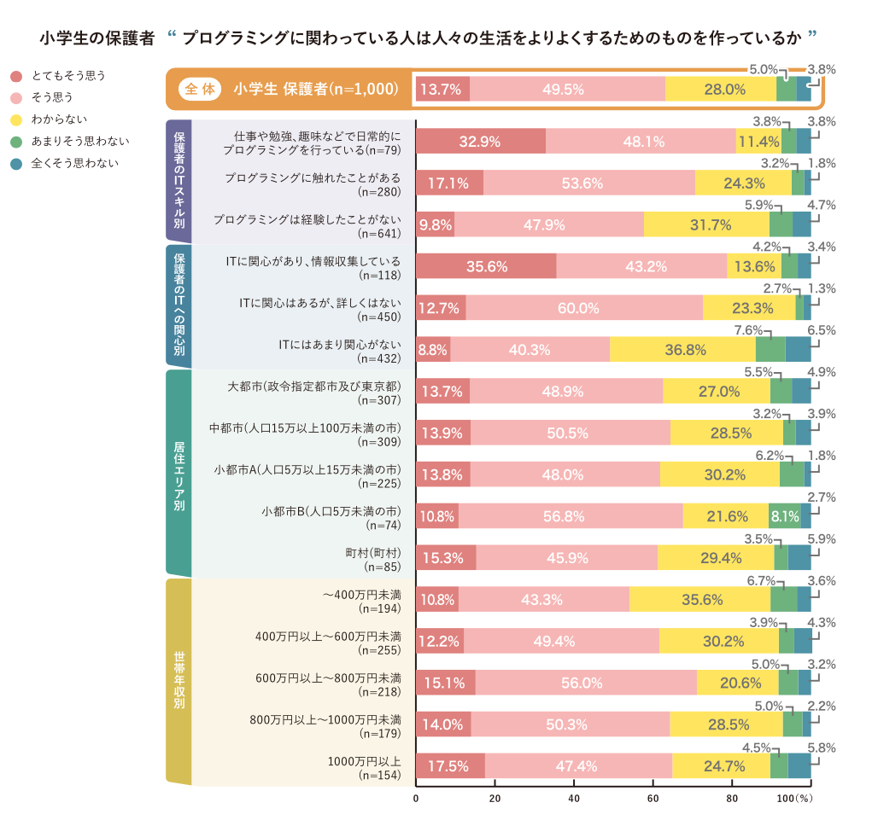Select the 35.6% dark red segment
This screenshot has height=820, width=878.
[486, 266]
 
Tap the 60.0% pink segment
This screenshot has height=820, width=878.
[584, 308]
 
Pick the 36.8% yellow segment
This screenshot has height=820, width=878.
[682, 349]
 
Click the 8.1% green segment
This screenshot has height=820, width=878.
[784, 516]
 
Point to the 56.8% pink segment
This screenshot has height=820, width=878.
[571, 516]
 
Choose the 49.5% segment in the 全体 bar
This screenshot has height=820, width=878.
[567, 89]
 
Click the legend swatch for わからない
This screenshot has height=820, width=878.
[15, 119]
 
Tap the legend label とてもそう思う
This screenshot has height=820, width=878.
[68, 76]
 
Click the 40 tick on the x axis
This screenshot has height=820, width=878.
[574, 799]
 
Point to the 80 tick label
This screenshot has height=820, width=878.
[732, 799]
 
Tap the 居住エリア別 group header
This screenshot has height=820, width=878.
[179, 474]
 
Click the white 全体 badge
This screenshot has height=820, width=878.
[201, 89]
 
